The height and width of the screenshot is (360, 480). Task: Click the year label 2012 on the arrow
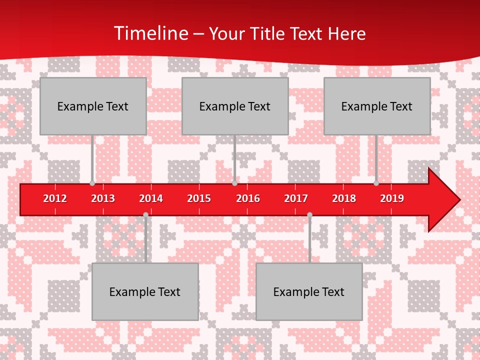coord(55,198)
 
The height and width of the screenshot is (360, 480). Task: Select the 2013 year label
coord(103,198)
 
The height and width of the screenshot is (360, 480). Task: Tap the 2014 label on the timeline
coord(151,198)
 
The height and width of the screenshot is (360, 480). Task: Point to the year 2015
coord(199,198)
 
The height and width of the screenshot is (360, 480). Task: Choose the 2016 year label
coord(248,198)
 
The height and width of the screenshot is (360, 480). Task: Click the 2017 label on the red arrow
coord(296,198)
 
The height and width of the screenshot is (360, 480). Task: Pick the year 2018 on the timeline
coord(344,198)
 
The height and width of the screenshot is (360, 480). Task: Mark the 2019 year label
coord(392,198)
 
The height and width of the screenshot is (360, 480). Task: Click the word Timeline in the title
coord(150,33)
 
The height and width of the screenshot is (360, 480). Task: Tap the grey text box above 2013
coord(93,106)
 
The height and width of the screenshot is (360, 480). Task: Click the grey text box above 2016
coord(235,106)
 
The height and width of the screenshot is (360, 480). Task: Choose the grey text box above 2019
coord(377,106)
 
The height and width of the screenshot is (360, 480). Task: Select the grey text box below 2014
coord(145,291)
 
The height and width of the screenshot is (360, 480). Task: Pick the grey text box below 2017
coord(309,291)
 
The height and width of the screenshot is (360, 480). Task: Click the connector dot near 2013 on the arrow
coord(92,183)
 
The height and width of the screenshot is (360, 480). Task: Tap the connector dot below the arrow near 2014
coord(145,215)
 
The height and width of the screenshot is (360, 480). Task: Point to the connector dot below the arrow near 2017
coord(309,215)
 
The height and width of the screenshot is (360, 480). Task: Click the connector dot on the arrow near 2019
coord(376,183)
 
